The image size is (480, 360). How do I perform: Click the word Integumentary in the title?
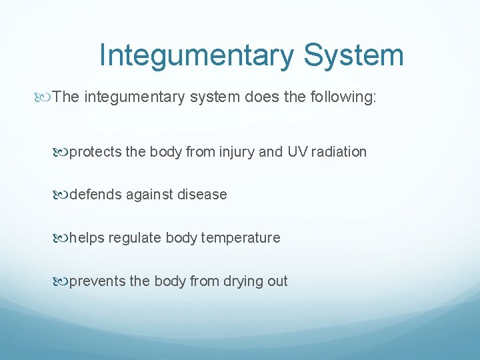click(x=197, y=55)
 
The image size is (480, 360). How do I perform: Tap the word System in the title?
click(x=353, y=55)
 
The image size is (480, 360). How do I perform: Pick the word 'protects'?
click(x=95, y=152)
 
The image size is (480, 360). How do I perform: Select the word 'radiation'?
click(x=339, y=152)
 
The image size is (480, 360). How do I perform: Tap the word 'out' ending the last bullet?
click(x=277, y=281)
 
